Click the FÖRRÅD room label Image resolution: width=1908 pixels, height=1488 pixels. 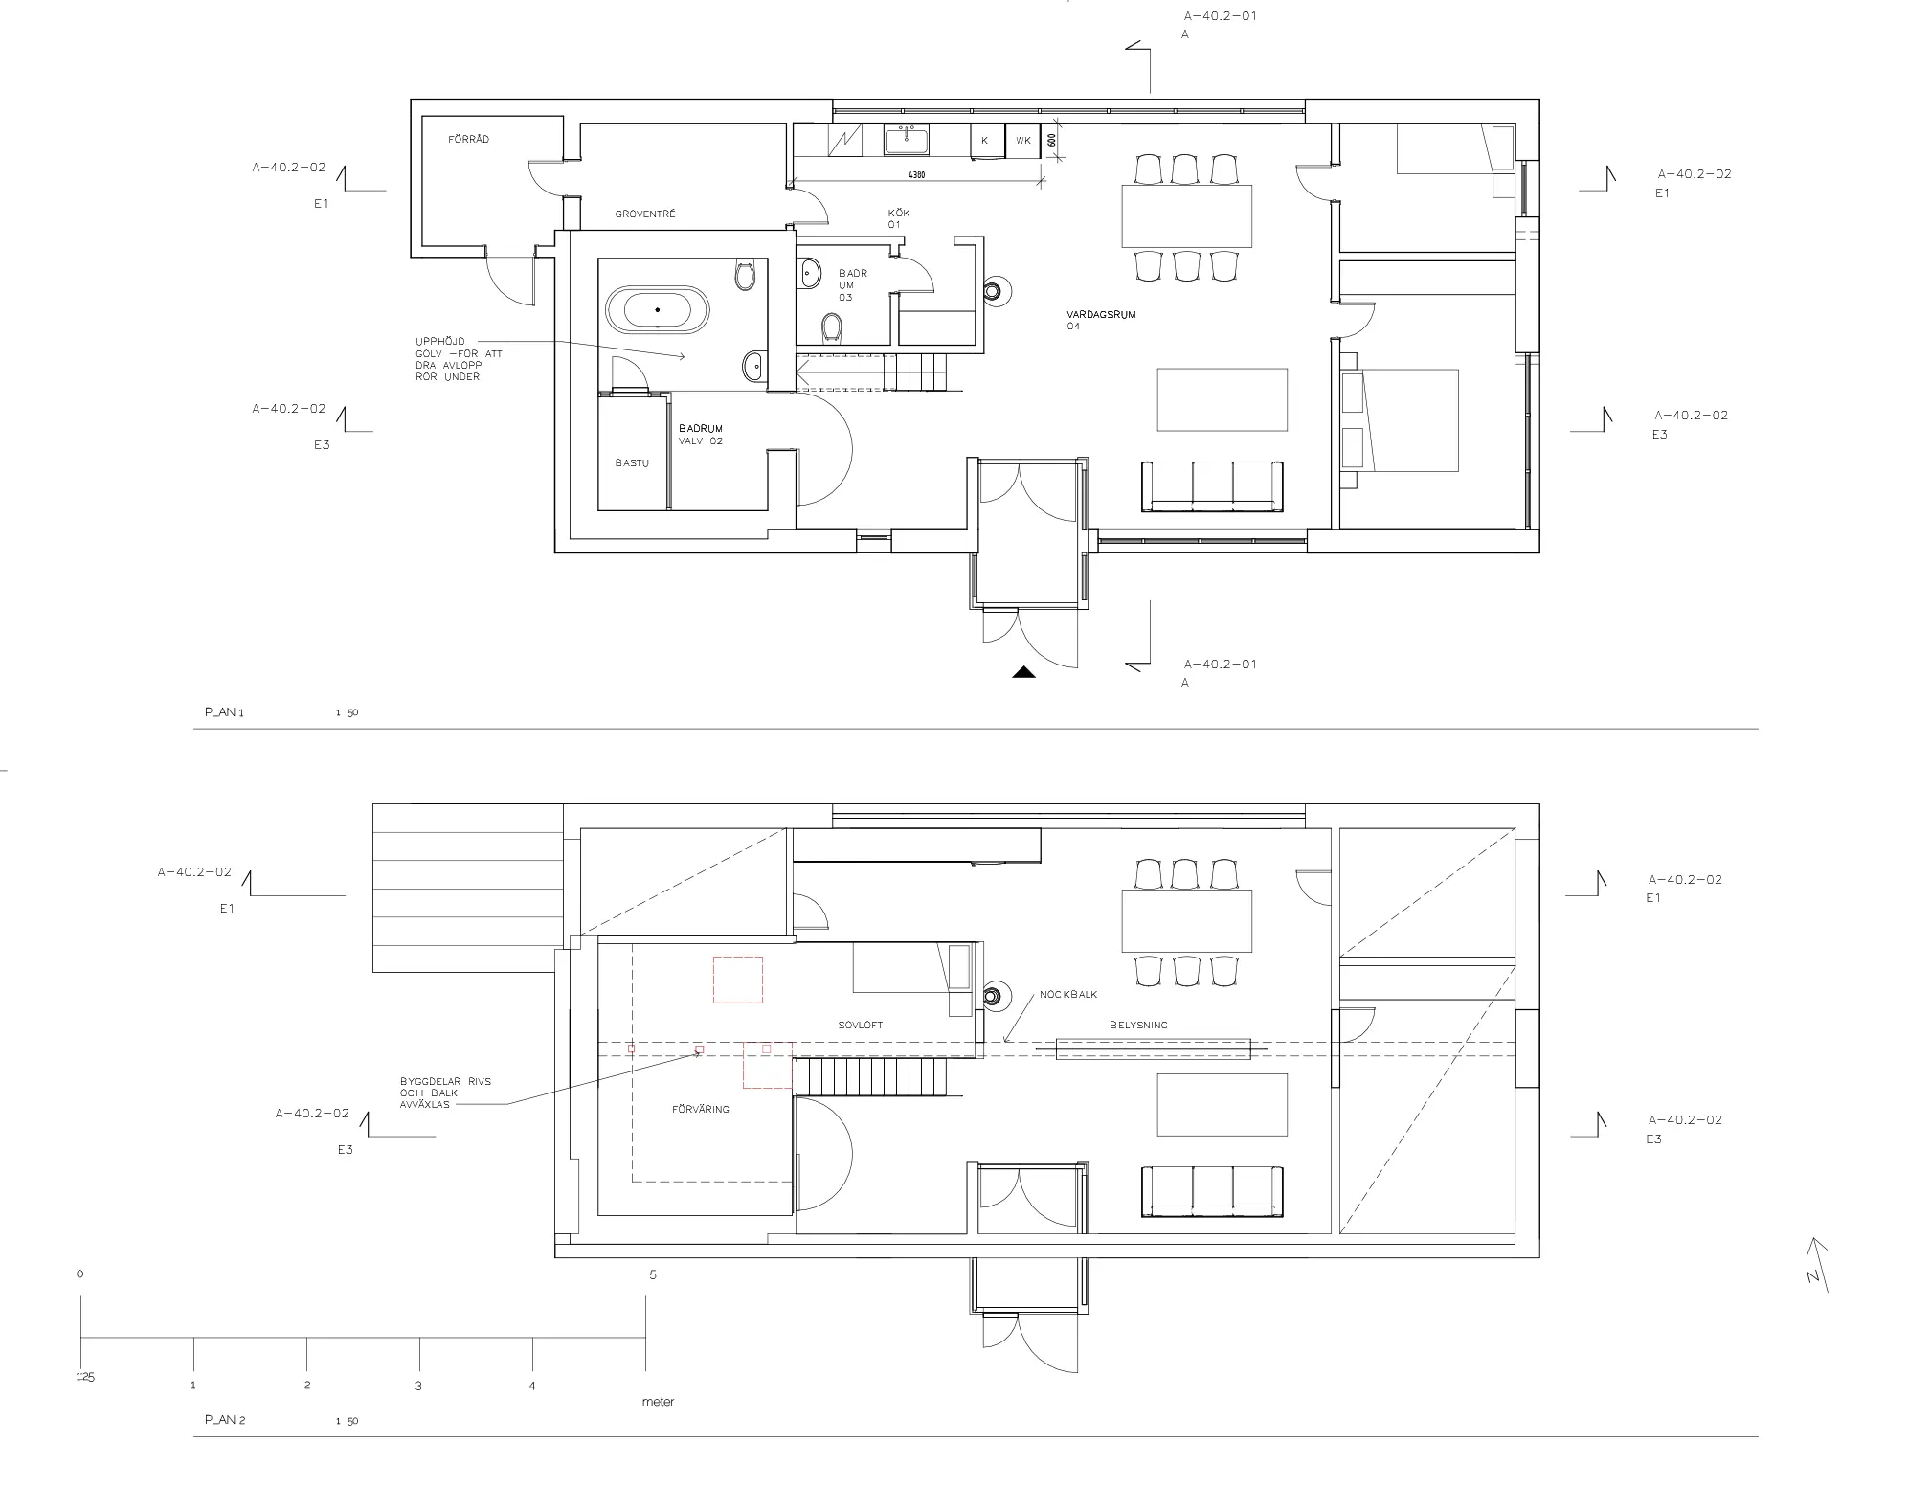click(x=468, y=140)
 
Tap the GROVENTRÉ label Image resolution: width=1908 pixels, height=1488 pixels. click(x=645, y=214)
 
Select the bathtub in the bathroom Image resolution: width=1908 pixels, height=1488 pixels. click(x=657, y=309)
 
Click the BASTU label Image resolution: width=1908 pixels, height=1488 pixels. click(x=632, y=463)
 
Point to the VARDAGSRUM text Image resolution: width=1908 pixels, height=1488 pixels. click(x=1101, y=315)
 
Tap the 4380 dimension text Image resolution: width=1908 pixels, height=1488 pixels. click(x=916, y=175)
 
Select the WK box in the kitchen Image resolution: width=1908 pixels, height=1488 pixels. click(x=1023, y=141)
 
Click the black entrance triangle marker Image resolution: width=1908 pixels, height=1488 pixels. click(x=1024, y=672)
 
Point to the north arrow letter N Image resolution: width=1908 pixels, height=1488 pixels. click(x=1812, y=1276)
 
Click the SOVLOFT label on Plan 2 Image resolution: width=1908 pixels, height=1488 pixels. click(x=861, y=1026)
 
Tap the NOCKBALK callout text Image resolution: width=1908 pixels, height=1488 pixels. click(x=1068, y=995)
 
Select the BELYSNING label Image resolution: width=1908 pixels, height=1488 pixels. click(x=1138, y=1026)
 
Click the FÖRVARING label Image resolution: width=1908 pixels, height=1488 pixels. click(x=700, y=1110)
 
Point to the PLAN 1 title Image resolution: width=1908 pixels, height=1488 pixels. click(x=224, y=712)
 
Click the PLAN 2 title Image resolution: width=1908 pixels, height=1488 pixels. click(x=225, y=1420)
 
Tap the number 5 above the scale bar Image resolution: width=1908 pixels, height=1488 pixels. click(x=653, y=1274)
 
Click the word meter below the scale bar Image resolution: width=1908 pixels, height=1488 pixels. click(x=658, y=1402)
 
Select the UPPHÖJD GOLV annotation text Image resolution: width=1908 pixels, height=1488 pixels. click(x=459, y=359)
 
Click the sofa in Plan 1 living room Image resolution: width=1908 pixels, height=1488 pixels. click(x=1212, y=487)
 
